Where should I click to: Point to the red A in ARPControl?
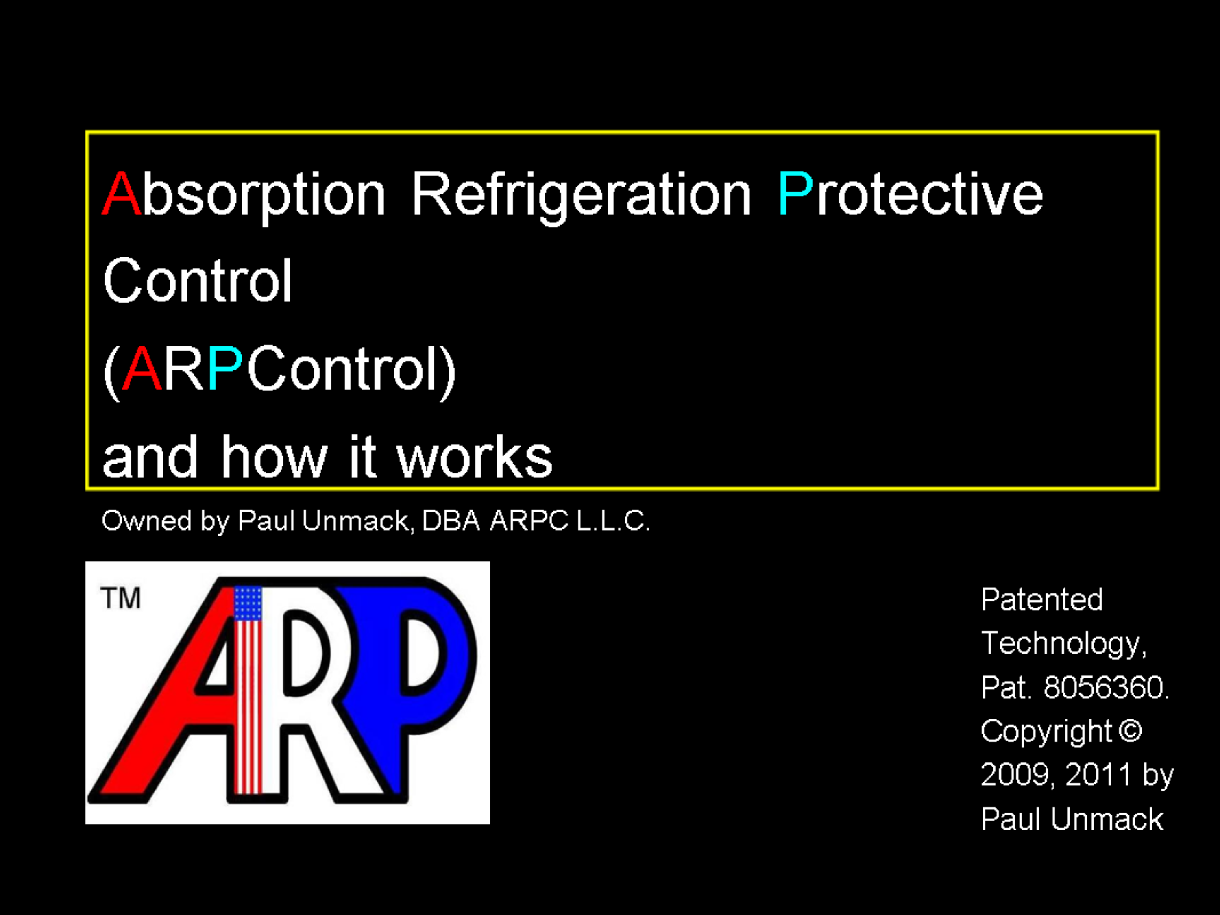point(142,368)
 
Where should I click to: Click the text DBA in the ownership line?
point(451,521)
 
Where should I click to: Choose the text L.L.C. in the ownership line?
point(613,521)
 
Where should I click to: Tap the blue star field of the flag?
point(248,603)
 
